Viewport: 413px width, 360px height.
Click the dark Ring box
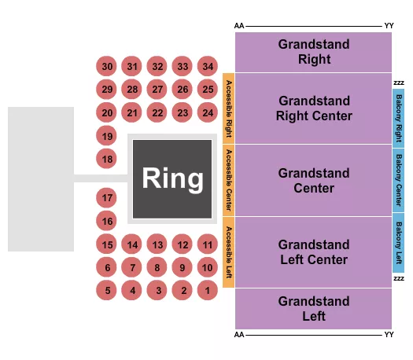(x=172, y=179)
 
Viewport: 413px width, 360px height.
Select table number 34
(x=207, y=67)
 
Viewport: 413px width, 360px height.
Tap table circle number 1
(x=207, y=291)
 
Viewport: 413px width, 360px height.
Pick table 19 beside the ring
(x=108, y=136)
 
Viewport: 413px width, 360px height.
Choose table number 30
(x=108, y=67)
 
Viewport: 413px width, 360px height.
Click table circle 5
(x=108, y=291)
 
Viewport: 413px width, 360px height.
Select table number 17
(x=108, y=197)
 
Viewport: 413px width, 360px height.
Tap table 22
(x=157, y=113)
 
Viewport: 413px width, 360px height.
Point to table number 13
(x=157, y=244)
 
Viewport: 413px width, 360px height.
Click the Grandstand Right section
(x=313, y=52)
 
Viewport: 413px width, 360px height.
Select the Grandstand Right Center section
(x=313, y=108)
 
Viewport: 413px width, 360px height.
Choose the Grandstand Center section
(x=313, y=180)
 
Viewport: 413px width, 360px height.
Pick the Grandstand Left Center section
(x=313, y=252)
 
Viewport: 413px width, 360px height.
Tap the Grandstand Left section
(x=313, y=308)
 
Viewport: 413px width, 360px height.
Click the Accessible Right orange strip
(x=229, y=108)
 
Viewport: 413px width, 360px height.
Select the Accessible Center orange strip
(x=229, y=180)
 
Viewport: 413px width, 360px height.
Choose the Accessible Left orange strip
(x=229, y=252)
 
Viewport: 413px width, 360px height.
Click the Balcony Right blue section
(x=398, y=117)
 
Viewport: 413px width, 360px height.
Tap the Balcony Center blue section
(x=398, y=179)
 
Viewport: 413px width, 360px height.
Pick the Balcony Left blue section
(x=398, y=243)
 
